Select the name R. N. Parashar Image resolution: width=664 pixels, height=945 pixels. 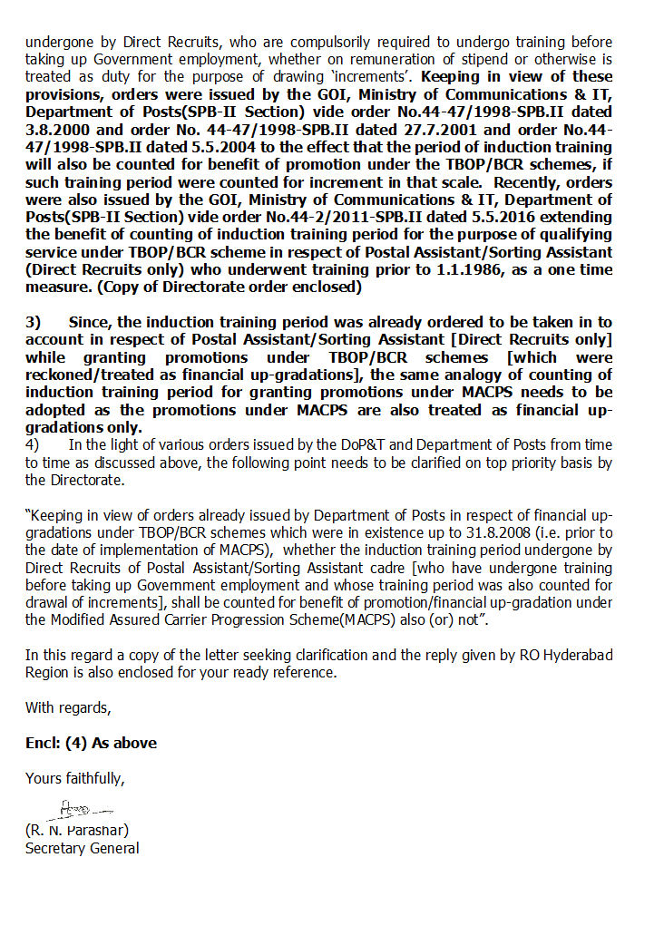77,830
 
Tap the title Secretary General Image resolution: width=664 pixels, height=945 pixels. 83,848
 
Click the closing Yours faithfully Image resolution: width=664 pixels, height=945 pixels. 75,778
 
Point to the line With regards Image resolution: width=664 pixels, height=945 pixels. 68,707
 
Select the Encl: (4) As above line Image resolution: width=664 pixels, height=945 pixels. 91,743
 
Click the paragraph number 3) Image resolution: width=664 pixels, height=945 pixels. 33,322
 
